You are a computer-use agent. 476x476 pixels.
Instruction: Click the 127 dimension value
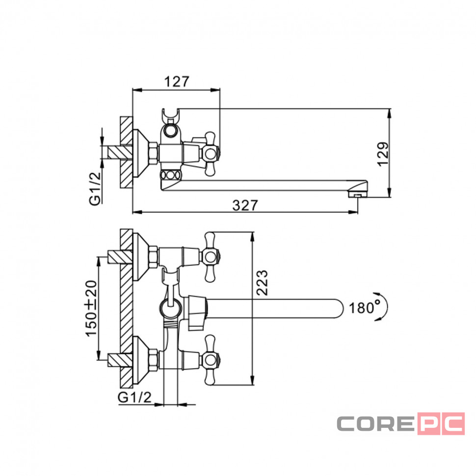[177, 81]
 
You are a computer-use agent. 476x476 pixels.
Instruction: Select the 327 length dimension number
[245, 206]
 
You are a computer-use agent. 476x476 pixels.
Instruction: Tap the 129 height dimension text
[383, 154]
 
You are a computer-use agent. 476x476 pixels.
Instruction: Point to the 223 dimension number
[262, 283]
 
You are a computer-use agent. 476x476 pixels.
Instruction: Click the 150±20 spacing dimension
[91, 309]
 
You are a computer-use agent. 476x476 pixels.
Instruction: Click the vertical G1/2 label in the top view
[95, 188]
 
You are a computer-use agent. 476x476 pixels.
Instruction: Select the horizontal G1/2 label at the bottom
[134, 397]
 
